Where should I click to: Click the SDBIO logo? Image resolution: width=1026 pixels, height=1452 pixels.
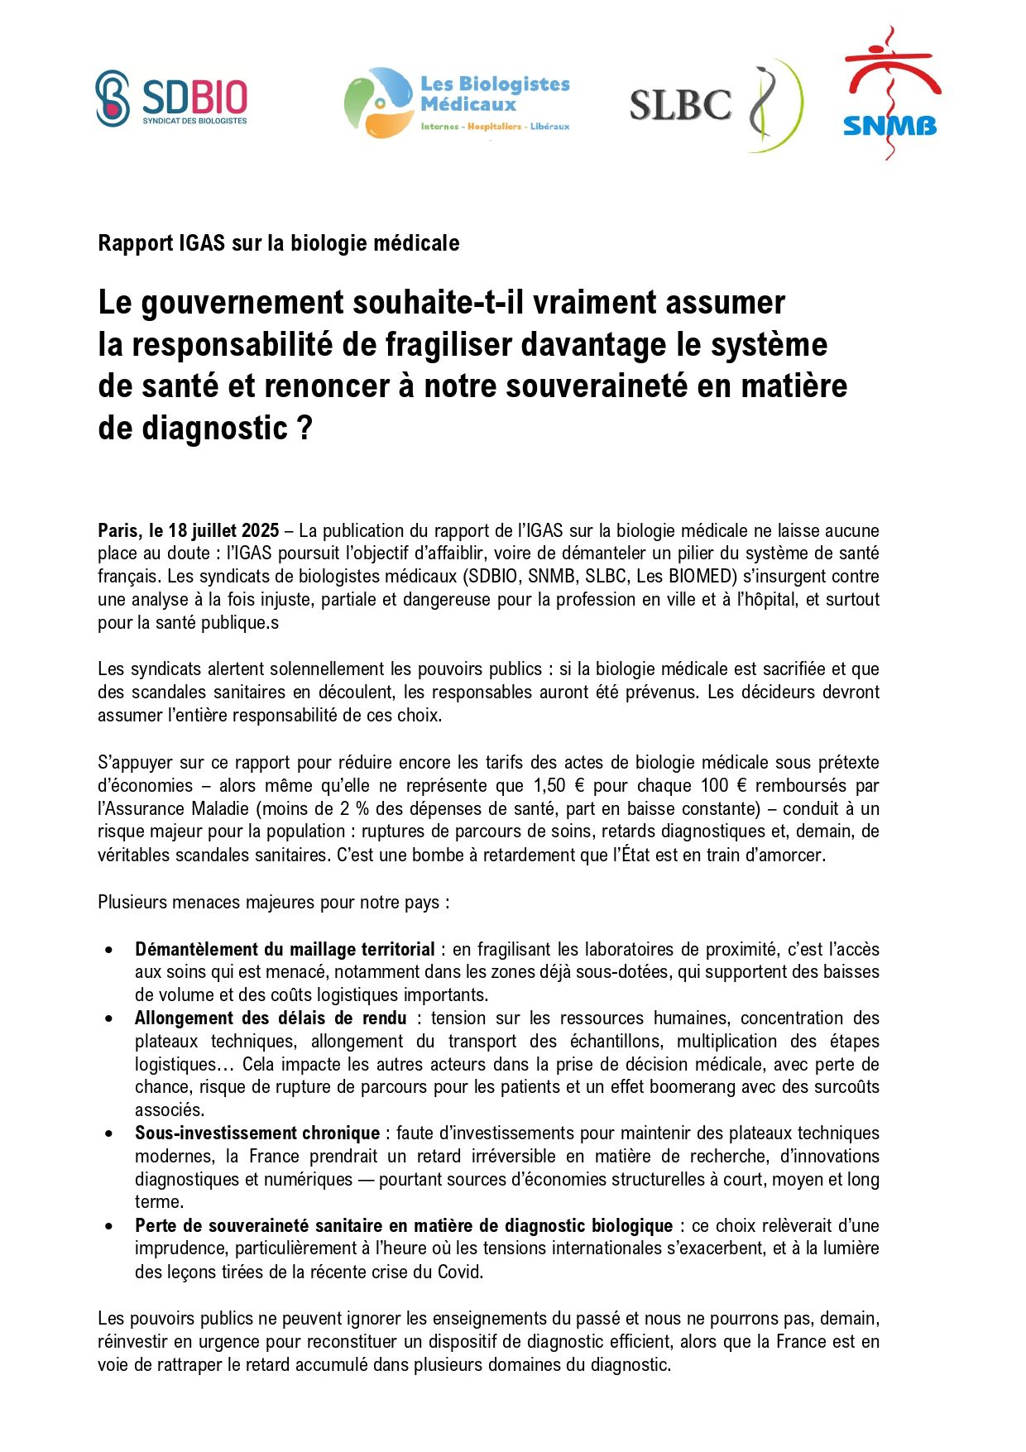[171, 98]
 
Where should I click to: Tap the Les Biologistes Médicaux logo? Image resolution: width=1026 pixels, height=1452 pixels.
[457, 103]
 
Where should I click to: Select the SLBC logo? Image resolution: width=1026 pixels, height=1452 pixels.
[716, 105]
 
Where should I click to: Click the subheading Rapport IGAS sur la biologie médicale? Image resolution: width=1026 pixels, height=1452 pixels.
[278, 243]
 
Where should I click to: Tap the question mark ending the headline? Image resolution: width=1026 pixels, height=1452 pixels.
[305, 429]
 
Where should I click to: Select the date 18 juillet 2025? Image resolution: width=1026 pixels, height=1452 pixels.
[223, 530]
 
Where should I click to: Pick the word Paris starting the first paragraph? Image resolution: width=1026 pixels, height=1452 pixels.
[118, 530]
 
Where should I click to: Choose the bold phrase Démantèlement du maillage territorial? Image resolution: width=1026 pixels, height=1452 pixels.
[285, 949]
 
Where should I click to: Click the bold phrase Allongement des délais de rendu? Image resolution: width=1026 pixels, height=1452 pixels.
[271, 1018]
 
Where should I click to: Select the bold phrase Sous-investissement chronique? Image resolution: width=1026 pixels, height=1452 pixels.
[257, 1133]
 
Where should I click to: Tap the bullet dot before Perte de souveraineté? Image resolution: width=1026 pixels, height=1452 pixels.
[109, 1226]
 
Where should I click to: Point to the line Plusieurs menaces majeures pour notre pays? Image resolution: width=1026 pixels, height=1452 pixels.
[273, 902]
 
